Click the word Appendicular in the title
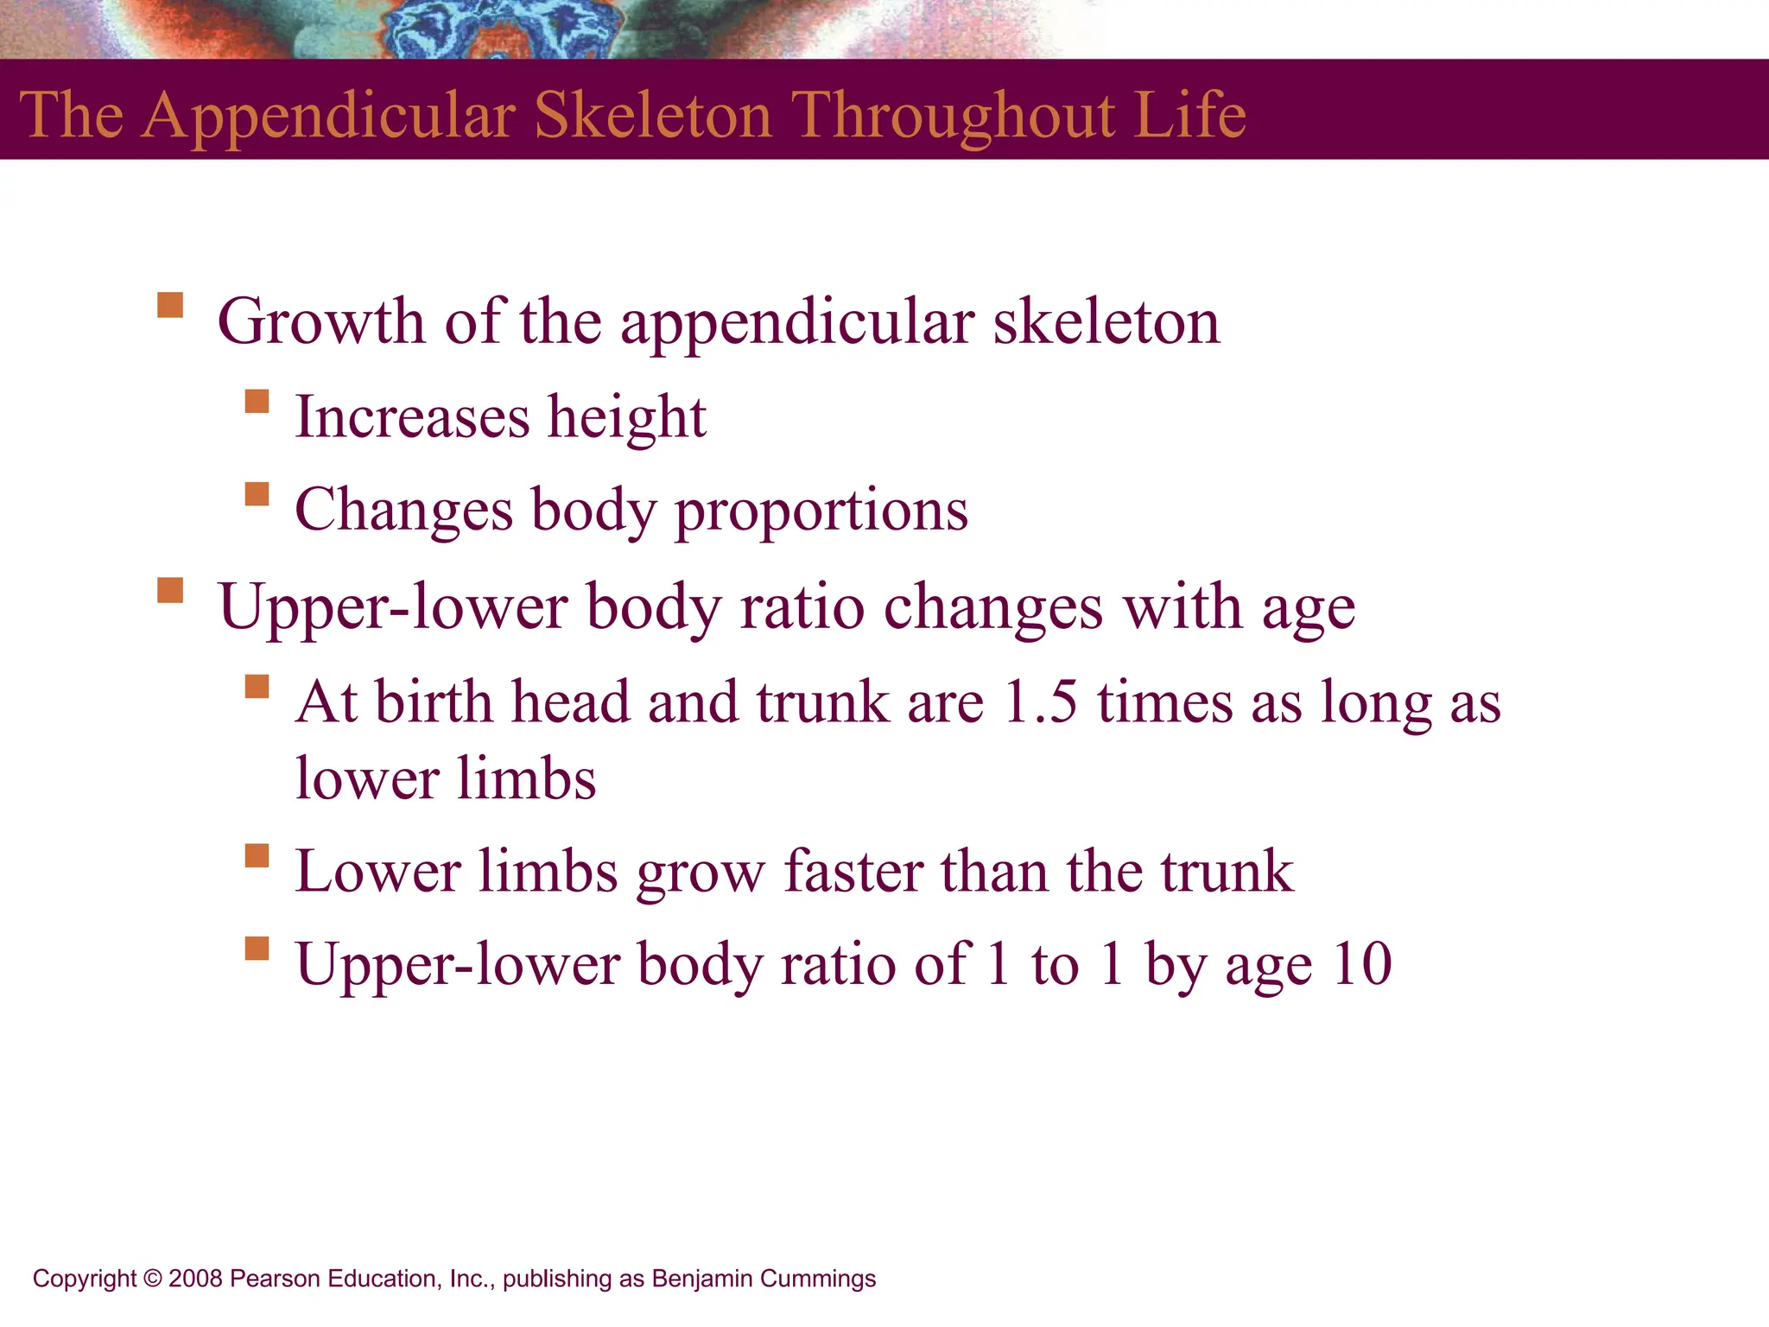[x=328, y=116]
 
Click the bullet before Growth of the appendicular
[x=170, y=306]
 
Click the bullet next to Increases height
[x=257, y=402]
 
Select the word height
[x=627, y=417]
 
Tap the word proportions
[x=821, y=511]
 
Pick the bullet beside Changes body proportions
[x=257, y=494]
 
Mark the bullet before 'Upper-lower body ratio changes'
[x=170, y=591]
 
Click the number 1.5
[x=1041, y=702]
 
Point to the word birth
[x=434, y=702]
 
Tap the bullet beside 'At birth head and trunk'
[x=257, y=686]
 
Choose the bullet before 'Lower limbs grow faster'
[x=257, y=855]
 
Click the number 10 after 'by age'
[x=1361, y=964]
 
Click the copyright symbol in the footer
[x=153, y=1279]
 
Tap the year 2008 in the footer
[x=195, y=1279]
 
